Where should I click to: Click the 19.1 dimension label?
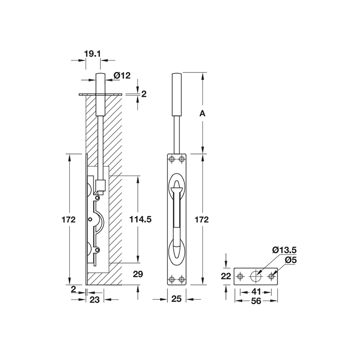[x=92, y=54]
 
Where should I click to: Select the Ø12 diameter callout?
[x=122, y=76]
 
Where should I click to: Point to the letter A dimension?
[x=202, y=114]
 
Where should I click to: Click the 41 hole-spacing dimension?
[x=256, y=291]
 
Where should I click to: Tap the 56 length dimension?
[x=256, y=301]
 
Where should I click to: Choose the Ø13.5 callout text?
[x=283, y=251]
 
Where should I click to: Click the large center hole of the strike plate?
[x=256, y=276]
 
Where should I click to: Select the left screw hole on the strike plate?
[x=241, y=276]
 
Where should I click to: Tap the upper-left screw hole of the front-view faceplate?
[x=171, y=159]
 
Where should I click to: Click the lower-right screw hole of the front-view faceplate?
[x=182, y=279]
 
